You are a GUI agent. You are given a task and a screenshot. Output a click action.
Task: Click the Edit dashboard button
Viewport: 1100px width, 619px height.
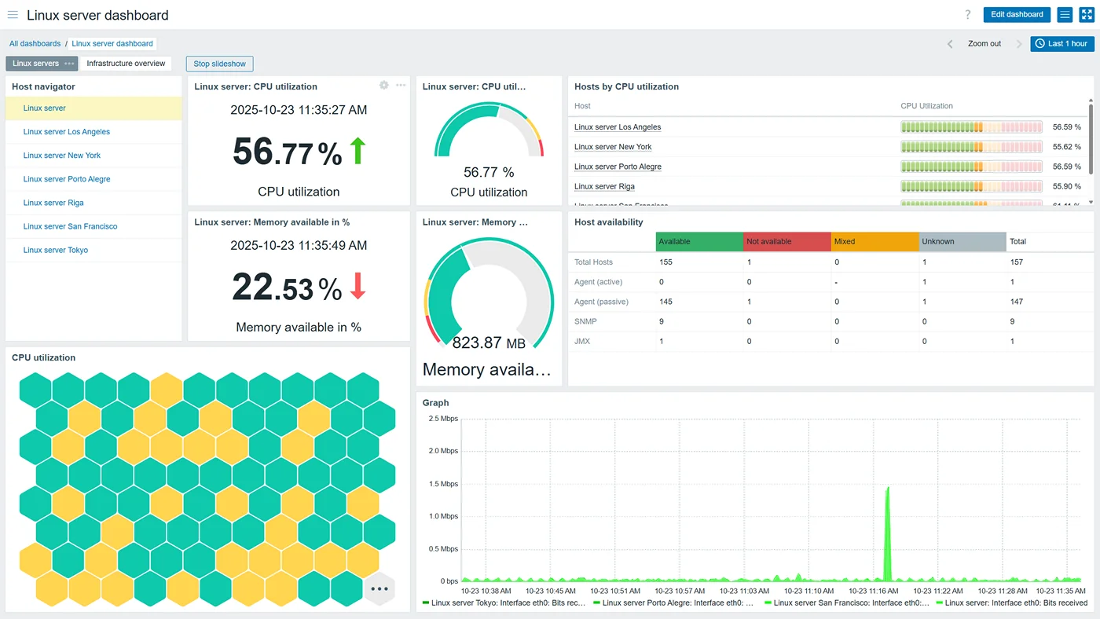(1017, 14)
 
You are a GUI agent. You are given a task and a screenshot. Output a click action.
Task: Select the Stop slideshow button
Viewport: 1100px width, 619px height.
(219, 64)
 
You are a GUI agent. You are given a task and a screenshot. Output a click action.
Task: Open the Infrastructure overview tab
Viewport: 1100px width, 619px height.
(126, 64)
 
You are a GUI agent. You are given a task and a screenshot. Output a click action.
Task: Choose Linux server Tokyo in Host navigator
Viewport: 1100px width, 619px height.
(56, 250)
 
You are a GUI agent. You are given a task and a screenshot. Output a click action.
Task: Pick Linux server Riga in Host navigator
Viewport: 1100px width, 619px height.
(53, 203)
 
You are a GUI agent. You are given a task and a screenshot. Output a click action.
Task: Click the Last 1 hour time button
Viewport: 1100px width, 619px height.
(1061, 44)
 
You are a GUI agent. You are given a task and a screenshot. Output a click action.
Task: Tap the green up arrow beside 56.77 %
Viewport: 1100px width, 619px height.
(358, 151)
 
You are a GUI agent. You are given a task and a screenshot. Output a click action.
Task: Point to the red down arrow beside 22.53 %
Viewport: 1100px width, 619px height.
(358, 286)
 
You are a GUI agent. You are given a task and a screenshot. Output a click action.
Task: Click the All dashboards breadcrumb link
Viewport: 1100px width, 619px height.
(35, 44)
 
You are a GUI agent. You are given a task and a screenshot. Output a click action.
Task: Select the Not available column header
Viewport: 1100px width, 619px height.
(769, 241)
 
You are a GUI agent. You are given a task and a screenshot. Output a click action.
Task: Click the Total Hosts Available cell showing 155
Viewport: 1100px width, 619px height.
(666, 262)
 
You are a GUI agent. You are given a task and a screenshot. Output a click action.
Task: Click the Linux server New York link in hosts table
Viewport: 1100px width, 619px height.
(613, 147)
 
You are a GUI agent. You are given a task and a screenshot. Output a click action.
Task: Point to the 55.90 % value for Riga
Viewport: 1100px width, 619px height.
(1066, 186)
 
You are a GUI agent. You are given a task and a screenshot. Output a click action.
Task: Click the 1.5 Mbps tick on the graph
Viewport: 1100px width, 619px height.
(443, 484)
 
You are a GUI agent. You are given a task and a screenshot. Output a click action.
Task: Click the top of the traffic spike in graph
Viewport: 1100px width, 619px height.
(888, 488)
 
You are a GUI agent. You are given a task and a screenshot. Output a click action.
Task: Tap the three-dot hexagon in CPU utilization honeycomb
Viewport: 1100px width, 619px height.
(379, 589)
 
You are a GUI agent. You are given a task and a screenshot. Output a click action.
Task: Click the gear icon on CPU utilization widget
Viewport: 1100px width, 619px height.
(384, 85)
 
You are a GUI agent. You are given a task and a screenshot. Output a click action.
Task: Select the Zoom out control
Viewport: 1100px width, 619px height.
(984, 44)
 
